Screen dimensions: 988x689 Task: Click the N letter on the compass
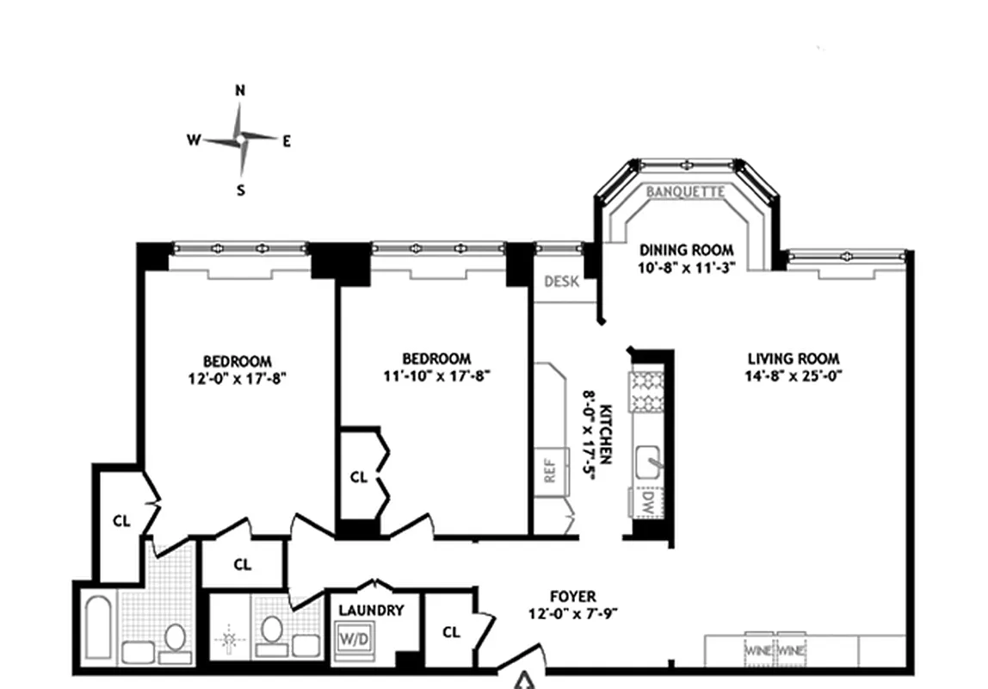tap(240, 90)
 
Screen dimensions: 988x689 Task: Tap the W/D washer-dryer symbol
tap(355, 639)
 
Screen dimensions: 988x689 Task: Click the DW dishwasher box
tap(646, 502)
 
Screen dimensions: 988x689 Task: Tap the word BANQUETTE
tap(686, 192)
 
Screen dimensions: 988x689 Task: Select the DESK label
tap(561, 281)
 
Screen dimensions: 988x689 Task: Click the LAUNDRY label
tap(371, 611)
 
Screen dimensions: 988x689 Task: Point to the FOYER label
tap(573, 596)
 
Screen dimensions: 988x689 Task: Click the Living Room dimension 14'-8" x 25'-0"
tap(793, 376)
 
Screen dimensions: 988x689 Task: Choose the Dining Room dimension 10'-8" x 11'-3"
tap(686, 267)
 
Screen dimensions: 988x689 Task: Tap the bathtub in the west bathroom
tap(99, 627)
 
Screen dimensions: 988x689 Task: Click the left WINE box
tap(759, 649)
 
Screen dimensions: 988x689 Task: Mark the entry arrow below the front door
tap(523, 680)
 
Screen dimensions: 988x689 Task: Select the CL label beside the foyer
tap(451, 631)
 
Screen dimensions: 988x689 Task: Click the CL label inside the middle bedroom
tap(359, 477)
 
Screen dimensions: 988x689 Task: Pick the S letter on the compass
tap(241, 189)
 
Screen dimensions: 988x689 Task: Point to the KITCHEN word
tap(605, 434)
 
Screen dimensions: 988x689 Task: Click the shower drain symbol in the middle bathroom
tap(229, 640)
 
